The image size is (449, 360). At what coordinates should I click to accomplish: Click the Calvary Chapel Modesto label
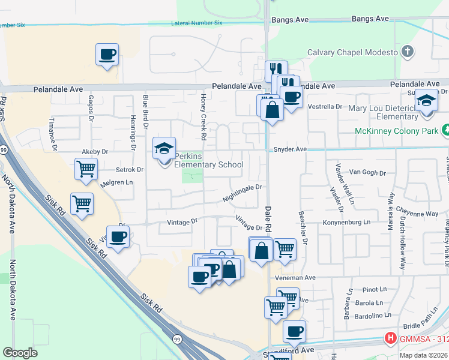(352, 52)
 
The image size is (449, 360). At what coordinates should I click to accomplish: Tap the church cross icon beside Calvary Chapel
(408, 52)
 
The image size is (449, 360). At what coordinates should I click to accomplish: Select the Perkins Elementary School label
(208, 164)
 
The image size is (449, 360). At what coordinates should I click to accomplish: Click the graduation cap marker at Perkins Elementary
(163, 148)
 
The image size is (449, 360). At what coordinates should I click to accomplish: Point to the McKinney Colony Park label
(397, 130)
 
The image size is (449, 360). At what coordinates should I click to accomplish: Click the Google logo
(20, 353)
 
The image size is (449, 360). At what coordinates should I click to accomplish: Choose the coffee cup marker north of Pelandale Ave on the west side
(107, 54)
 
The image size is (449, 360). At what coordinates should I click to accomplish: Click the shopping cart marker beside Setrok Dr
(86, 169)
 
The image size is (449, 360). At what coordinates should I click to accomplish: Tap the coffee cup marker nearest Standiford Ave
(294, 331)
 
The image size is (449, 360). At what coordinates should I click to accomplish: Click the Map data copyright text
(423, 355)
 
